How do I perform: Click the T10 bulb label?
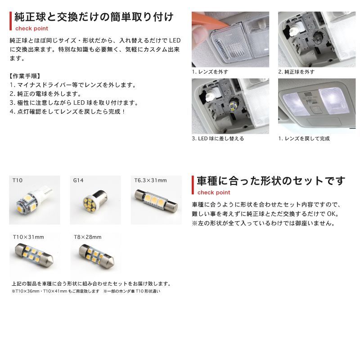point(18,180)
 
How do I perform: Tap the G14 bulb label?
point(78,180)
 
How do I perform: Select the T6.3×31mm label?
point(150,180)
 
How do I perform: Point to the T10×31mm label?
point(28,237)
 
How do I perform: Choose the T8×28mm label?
point(87,237)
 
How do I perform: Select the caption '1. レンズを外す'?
point(210,72)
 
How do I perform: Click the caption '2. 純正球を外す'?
point(297,72)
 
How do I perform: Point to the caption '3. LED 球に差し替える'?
point(218,139)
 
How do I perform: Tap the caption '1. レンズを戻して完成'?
point(304,139)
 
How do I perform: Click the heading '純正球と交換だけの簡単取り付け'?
point(94,17)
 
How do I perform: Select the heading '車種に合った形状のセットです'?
point(271,181)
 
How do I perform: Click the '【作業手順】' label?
point(25,76)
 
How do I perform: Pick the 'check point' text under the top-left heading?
point(31,28)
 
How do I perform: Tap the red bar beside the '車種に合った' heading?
point(193,185)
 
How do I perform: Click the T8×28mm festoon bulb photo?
point(96,256)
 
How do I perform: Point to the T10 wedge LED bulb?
point(35,199)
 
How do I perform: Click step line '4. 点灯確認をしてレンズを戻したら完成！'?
point(67,112)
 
